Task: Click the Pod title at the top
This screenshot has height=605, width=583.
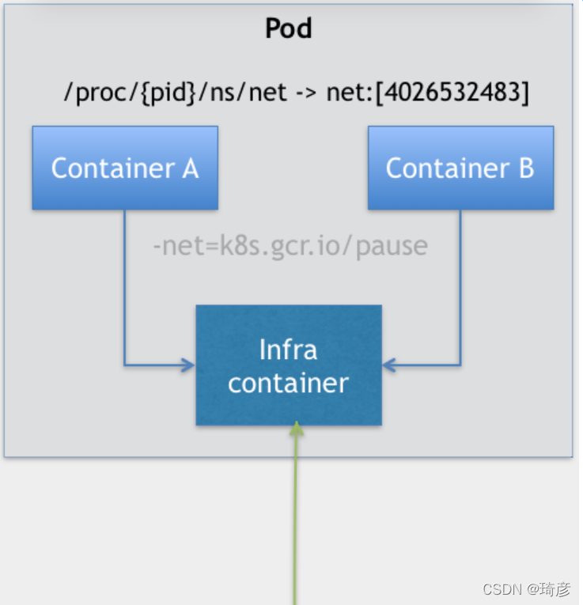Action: pos(289,28)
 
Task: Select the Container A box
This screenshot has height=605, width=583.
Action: pos(125,168)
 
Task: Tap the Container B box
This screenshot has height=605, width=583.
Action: pos(460,168)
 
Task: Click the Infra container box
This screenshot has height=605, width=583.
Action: pos(289,365)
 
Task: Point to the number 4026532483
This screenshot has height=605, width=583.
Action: pos(452,93)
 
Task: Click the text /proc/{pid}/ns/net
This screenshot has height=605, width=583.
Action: pos(176,93)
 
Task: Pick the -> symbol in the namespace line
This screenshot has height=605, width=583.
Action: pos(306,93)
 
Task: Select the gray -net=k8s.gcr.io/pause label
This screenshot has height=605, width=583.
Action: pos(290,246)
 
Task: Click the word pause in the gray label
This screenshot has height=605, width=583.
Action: pos(392,248)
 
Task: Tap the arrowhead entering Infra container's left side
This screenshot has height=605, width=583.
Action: pos(189,365)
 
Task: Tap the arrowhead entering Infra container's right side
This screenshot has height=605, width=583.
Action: pos(389,365)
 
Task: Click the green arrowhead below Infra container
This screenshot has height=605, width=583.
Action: pos(296,429)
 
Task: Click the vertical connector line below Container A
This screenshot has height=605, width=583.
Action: pos(125,287)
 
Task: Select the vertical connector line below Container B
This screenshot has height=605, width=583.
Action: pos(460,287)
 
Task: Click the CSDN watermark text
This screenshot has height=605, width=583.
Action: pos(526,589)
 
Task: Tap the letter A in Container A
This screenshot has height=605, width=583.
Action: pos(190,168)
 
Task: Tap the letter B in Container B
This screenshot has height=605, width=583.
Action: pos(526,168)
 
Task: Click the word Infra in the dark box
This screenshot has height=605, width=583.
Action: pos(288,350)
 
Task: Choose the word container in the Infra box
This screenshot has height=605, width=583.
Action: pos(288,383)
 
